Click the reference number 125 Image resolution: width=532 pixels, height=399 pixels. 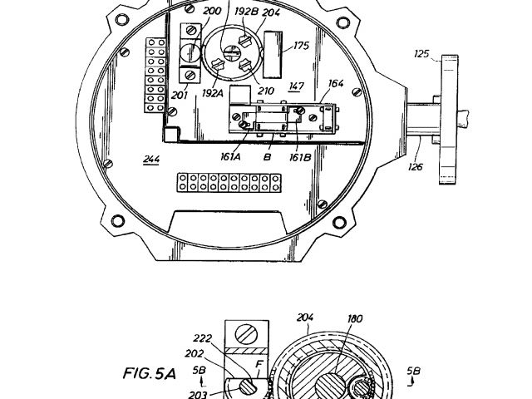(x=422, y=54)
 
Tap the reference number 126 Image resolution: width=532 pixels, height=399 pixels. (x=416, y=166)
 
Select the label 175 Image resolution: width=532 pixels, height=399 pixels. (x=299, y=47)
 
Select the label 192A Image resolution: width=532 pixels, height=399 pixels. (x=213, y=94)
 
